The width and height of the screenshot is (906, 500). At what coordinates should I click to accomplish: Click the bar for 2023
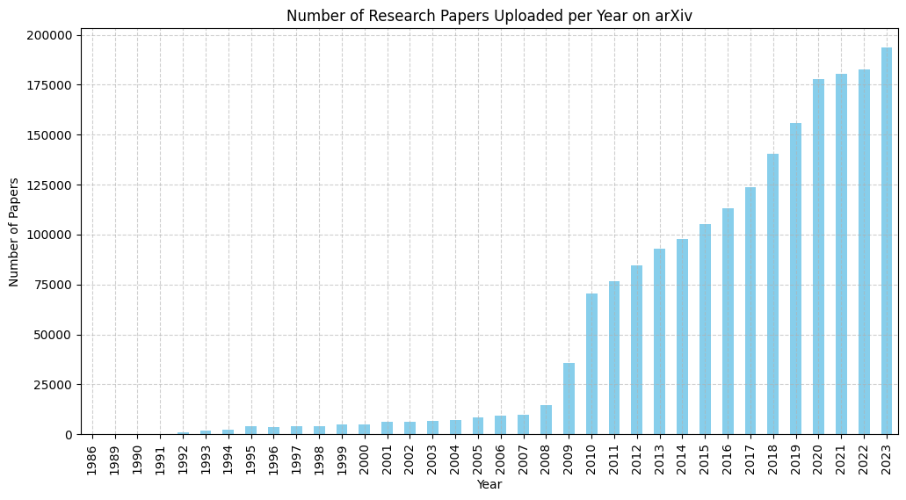[x=887, y=241]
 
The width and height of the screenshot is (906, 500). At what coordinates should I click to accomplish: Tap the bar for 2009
[x=569, y=399]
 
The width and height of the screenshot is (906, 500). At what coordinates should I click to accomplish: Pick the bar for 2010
[x=591, y=364]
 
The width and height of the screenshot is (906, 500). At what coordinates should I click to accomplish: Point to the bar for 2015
[x=705, y=330]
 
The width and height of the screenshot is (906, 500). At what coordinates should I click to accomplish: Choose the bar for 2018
[x=773, y=294]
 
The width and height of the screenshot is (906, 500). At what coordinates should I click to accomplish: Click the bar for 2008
[x=546, y=420]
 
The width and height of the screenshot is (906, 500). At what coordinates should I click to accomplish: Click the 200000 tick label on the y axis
[x=50, y=35]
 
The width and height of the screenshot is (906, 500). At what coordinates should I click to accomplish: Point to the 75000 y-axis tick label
[x=54, y=285]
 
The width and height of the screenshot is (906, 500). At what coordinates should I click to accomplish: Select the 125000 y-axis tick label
[x=50, y=185]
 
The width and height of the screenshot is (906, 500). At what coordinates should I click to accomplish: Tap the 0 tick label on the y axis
[x=69, y=435]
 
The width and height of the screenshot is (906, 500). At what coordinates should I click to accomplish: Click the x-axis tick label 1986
[x=92, y=459]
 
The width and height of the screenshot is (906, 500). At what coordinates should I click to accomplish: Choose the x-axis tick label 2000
[x=364, y=459]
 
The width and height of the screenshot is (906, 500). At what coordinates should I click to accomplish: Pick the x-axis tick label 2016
[x=728, y=459]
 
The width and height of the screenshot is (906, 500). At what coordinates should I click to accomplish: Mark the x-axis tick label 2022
[x=864, y=459]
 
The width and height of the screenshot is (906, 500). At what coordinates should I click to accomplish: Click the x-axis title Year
[x=489, y=485]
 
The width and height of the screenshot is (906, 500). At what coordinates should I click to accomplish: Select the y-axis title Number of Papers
[x=14, y=232]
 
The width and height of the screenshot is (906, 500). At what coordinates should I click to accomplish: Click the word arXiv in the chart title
[x=672, y=16]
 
